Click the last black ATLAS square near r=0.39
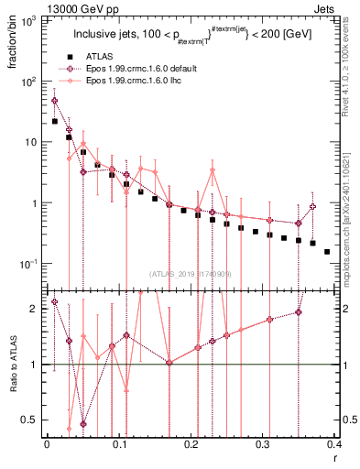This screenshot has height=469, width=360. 327,251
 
